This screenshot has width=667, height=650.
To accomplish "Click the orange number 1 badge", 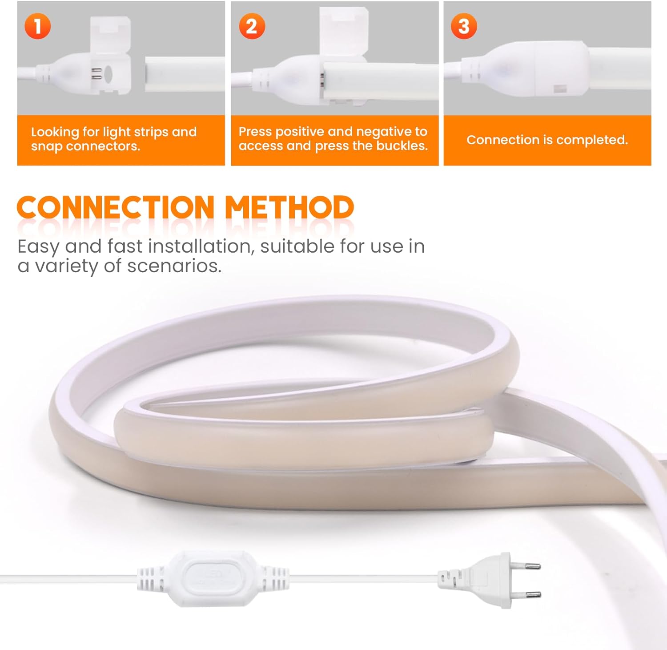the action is [38, 26].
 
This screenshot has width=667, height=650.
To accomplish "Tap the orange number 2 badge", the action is [252, 26].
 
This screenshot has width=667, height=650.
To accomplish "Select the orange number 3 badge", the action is [464, 26].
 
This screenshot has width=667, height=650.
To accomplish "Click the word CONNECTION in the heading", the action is [116, 207].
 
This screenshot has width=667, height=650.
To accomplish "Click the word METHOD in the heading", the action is [289, 207].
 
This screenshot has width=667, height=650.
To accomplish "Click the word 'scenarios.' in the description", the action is [174, 266].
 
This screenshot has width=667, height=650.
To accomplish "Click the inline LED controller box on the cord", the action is [213, 578].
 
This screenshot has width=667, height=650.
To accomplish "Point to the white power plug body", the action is [482, 580].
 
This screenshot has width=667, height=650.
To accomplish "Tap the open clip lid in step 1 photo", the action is [110, 36].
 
